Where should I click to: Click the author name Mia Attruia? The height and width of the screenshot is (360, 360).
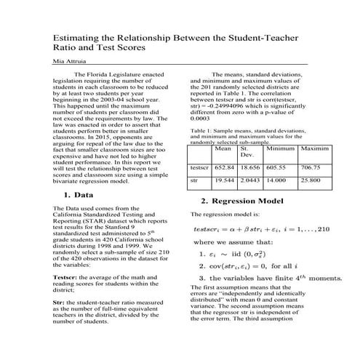(x=69, y=63)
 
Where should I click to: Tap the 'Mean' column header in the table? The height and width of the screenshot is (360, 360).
(x=224, y=148)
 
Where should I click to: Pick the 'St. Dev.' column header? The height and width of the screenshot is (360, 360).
(x=247, y=152)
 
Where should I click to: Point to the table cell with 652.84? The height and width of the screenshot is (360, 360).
(x=225, y=167)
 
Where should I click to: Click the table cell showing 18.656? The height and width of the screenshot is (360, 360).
(x=249, y=167)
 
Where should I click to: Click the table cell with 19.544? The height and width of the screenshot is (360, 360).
(x=225, y=178)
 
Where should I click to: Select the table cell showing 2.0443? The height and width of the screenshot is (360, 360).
(x=249, y=178)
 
